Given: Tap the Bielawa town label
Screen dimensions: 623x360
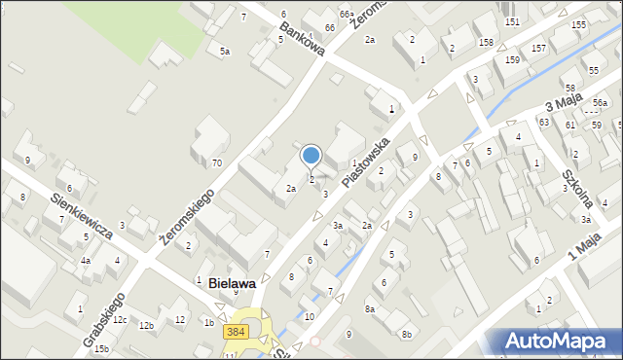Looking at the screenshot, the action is (x=232, y=283).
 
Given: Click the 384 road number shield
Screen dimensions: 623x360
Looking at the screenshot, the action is (x=235, y=333).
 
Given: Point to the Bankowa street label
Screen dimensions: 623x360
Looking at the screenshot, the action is (x=301, y=41).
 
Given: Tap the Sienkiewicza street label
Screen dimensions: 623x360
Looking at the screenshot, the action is (x=80, y=218).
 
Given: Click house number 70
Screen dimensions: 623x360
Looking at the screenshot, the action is (x=216, y=162).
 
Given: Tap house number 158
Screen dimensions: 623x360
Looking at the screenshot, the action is (x=485, y=43).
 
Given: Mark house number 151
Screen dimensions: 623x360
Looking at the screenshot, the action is (x=512, y=21).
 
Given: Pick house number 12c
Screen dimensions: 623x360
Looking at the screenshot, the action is (x=119, y=320).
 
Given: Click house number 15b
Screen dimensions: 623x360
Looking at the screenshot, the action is (x=101, y=348).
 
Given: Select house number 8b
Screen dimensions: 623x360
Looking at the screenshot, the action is (x=407, y=335).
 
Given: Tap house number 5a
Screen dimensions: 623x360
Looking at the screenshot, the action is (x=225, y=51).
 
